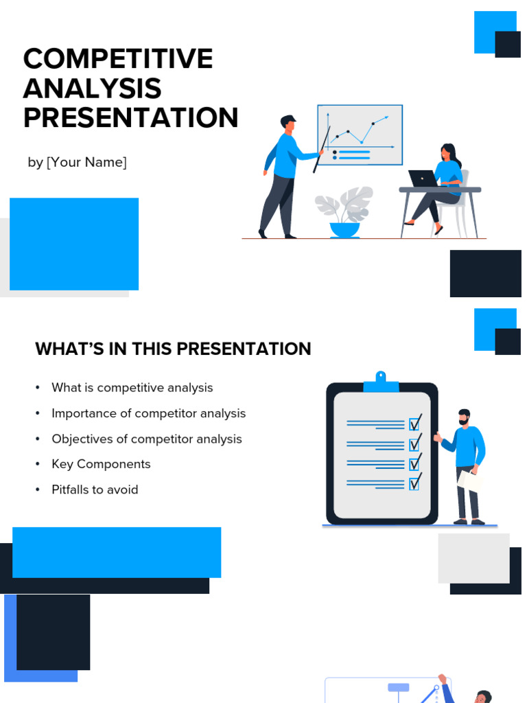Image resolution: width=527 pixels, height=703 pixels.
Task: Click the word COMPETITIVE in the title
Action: point(117,59)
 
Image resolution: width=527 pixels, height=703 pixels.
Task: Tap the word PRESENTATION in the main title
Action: point(130,118)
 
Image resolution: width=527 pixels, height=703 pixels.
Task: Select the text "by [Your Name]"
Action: point(77,163)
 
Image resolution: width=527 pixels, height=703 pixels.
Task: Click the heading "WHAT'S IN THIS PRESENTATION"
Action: point(173,349)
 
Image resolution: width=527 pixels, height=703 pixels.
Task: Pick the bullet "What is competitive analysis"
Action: point(132,388)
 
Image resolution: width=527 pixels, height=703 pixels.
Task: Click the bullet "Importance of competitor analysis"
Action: point(148,413)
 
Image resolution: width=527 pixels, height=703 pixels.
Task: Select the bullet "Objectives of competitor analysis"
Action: point(146,439)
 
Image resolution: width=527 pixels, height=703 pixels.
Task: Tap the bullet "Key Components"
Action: point(101,464)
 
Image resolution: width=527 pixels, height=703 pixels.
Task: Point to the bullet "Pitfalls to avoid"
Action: point(95,489)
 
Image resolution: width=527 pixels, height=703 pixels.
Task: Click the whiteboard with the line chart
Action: point(360,135)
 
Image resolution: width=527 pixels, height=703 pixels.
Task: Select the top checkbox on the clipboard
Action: point(414,424)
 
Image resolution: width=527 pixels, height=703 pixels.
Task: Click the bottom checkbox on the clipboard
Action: point(414,484)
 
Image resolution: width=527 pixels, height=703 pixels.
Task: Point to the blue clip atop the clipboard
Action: point(381,382)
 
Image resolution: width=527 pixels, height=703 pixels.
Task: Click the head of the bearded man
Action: point(464,417)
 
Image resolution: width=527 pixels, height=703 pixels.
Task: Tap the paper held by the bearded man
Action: point(470,479)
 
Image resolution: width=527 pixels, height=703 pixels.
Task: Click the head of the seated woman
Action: point(447,152)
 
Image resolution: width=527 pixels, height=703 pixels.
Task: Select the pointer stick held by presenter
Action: point(322,150)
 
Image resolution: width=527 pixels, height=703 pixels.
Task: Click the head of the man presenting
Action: point(289,124)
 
